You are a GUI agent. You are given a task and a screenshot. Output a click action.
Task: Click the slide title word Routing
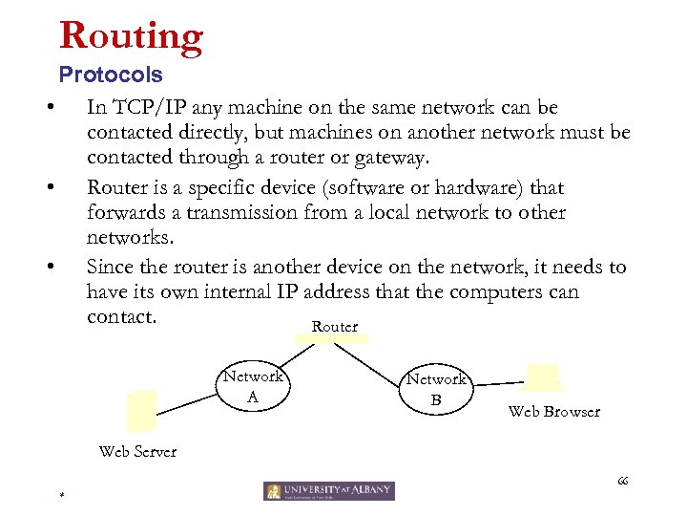pyautogui.click(x=131, y=35)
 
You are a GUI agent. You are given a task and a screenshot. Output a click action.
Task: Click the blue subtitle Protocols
pyautogui.click(x=111, y=74)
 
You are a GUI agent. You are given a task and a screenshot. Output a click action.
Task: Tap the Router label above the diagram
pyautogui.click(x=334, y=327)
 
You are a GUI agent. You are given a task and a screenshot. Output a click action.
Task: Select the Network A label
pyautogui.click(x=253, y=386)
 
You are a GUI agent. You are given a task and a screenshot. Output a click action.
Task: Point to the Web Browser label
pyautogui.click(x=553, y=412)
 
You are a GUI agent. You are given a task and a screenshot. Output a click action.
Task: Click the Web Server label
pyautogui.click(x=137, y=451)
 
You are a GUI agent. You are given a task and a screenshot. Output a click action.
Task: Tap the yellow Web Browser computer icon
pyautogui.click(x=542, y=376)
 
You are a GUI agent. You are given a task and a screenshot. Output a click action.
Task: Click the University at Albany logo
pyautogui.click(x=329, y=491)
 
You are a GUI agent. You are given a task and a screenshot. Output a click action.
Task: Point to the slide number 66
pyautogui.click(x=623, y=480)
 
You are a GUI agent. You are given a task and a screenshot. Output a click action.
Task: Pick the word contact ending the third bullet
pyautogui.click(x=120, y=315)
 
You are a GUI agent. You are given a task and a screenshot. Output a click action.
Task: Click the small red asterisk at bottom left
pyautogui.click(x=59, y=495)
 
